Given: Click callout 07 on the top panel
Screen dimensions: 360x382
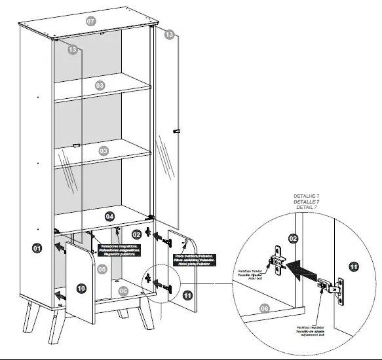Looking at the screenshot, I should [91, 21].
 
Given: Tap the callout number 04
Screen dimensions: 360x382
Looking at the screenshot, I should [110, 216].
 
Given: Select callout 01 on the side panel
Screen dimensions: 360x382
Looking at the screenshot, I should [37, 247].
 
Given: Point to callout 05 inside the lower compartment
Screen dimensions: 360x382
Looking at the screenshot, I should [102, 269].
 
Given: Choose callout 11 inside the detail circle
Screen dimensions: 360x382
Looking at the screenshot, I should [353, 266].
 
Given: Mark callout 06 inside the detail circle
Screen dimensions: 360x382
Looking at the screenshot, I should [264, 308].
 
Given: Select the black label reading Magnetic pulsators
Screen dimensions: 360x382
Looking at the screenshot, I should [119, 249].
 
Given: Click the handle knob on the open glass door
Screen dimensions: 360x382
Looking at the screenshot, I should [176, 132].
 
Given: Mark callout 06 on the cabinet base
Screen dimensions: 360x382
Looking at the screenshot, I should [123, 291].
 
